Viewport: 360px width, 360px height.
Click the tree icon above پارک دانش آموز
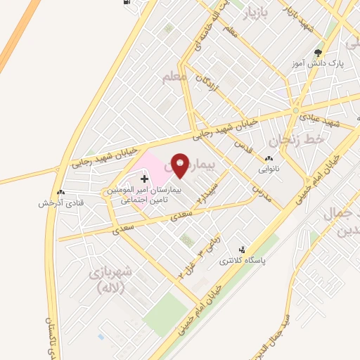[x=319, y=53]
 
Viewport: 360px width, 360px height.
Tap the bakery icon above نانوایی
[x=269, y=159]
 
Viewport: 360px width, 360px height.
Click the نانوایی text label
[x=269, y=169]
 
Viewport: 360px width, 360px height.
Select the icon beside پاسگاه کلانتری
[x=243, y=250]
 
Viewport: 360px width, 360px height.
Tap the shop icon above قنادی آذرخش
[x=60, y=192]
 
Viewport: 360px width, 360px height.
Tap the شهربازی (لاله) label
[x=107, y=280]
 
